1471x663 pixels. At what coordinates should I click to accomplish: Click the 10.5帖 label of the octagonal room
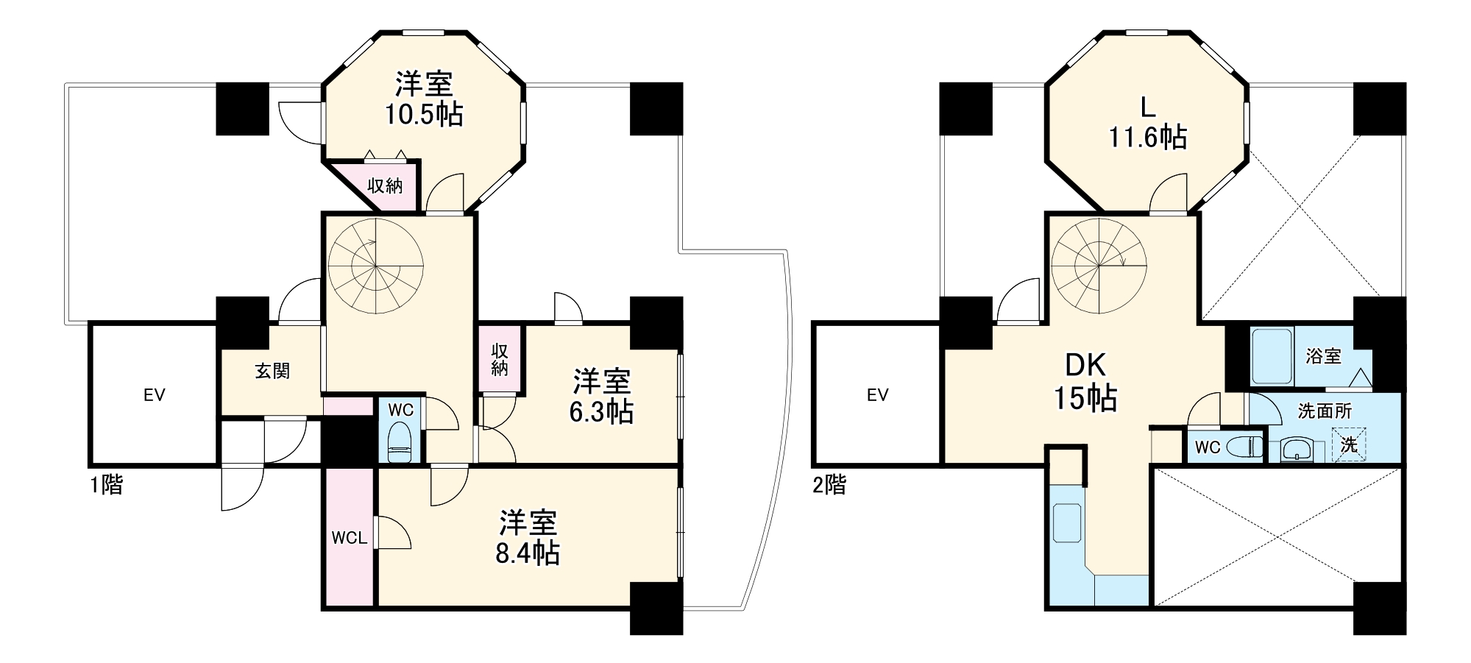click(424, 115)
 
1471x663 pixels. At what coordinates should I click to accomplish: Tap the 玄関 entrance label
click(272, 371)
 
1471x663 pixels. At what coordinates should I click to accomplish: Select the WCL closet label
click(349, 538)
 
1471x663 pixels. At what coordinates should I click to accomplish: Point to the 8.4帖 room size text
click(527, 553)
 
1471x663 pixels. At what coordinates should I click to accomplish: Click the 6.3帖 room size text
click(601, 412)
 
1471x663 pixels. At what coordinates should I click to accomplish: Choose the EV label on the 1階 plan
click(154, 395)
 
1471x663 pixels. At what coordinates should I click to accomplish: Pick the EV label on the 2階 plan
click(877, 395)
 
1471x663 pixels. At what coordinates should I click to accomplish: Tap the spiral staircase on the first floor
click(375, 265)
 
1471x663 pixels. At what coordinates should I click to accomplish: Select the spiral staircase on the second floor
click(1099, 265)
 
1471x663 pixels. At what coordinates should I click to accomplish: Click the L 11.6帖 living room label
click(1147, 123)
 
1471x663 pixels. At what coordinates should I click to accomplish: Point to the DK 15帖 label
click(1085, 383)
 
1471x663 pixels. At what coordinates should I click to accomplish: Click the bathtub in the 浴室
click(1272, 356)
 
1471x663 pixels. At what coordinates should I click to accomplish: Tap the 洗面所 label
click(1325, 411)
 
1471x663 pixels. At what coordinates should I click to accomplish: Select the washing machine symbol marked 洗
click(1349, 445)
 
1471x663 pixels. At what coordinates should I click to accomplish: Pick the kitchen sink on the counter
click(1067, 522)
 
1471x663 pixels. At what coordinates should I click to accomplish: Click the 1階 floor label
click(107, 485)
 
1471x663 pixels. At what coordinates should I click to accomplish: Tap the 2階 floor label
click(829, 485)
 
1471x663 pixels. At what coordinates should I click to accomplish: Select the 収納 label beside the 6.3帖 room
click(500, 359)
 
